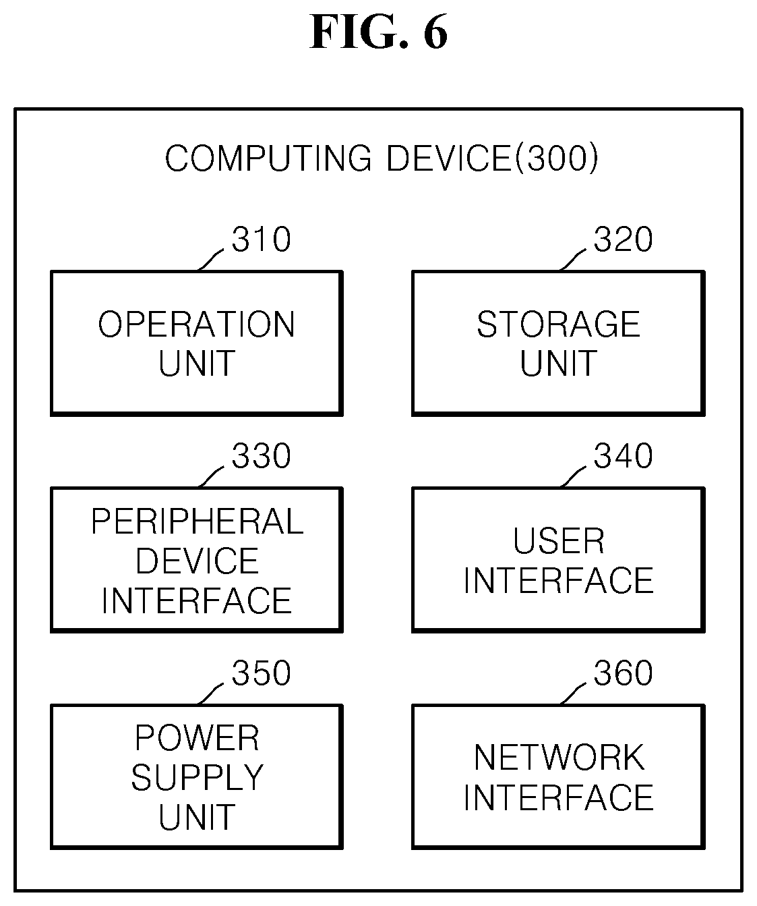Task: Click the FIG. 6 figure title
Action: coord(379,32)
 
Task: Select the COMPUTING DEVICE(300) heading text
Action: coord(382,159)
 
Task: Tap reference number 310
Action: coord(261,239)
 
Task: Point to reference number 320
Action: coord(623,239)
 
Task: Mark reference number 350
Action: coord(261,673)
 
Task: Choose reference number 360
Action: coord(623,673)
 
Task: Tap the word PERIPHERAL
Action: coord(198,521)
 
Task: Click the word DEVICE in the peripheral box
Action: coord(198,561)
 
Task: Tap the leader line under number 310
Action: coord(211,260)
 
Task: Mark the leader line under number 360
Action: coord(573,693)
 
